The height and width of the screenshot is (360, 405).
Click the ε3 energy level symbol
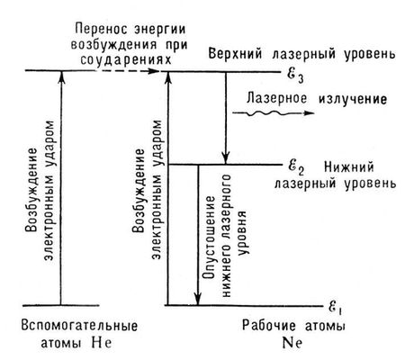coord(295,75)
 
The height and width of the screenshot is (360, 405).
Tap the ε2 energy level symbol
coord(296,167)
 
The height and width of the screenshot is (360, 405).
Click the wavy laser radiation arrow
coord(274,113)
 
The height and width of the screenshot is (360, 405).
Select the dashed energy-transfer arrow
coord(128,71)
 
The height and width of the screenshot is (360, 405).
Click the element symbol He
coord(102,343)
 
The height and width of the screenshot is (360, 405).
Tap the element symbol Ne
coord(292,343)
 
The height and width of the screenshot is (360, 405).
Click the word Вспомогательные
coord(79,326)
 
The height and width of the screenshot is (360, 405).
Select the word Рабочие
coord(269,326)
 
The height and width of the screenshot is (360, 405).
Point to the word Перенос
coord(102,30)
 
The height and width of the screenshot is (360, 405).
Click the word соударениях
coord(126,60)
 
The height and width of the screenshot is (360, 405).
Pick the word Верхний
coord(235,55)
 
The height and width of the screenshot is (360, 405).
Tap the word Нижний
coord(349,166)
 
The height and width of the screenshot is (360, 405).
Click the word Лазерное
coord(277,98)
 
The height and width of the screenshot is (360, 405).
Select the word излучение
coord(353,99)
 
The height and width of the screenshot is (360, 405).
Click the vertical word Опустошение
coord(209,238)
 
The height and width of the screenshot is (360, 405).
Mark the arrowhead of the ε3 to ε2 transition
coord(226,158)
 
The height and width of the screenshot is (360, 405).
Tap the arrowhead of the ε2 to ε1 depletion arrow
coord(198,299)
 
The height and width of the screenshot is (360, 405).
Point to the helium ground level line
coord(61,306)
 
